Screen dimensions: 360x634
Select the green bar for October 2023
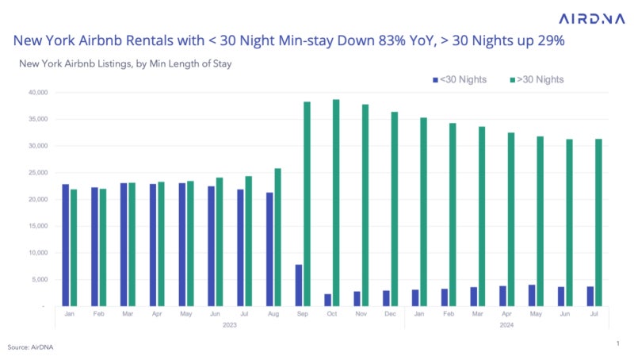(336, 202)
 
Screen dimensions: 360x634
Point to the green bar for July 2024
(598, 222)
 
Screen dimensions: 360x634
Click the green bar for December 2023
(394, 209)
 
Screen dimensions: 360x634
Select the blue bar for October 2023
(327, 300)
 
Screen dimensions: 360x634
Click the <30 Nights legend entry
(463, 79)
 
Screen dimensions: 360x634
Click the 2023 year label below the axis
(229, 324)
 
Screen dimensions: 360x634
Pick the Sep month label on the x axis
(302, 313)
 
